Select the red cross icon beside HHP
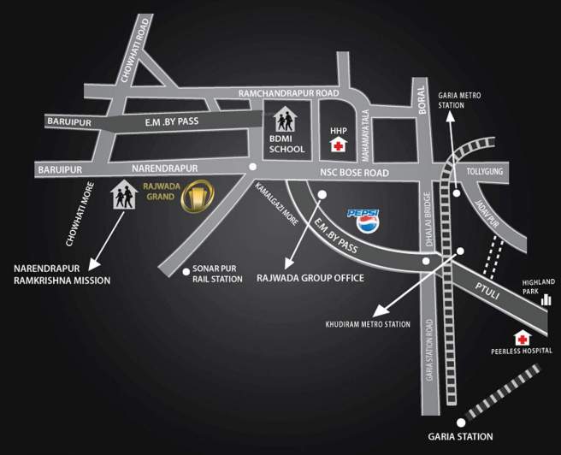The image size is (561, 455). [x=339, y=146]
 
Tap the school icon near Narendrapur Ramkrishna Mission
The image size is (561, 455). [x=124, y=195]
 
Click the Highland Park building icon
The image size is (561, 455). [x=545, y=299]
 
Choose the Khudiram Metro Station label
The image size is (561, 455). [x=369, y=324]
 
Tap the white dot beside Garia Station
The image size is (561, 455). [x=461, y=422]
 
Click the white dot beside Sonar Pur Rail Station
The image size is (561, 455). [x=186, y=272]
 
